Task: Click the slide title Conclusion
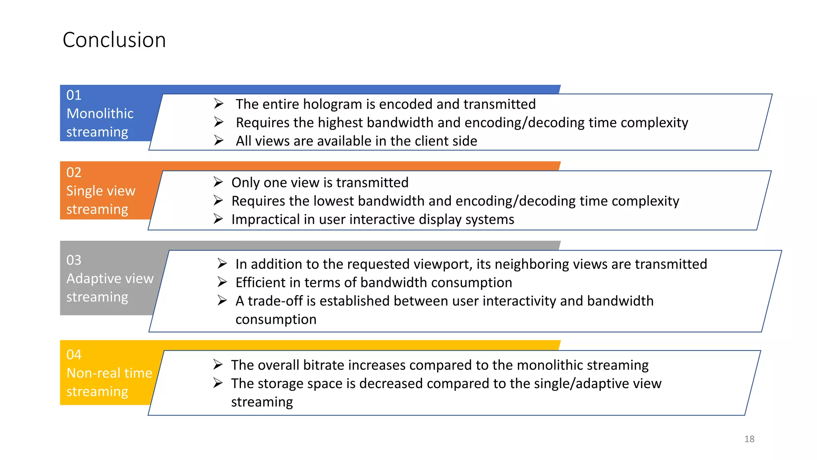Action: [x=114, y=40]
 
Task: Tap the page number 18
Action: [x=749, y=439]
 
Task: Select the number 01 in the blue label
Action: [x=74, y=95]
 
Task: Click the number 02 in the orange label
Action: [x=74, y=172]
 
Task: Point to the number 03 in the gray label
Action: [x=74, y=260]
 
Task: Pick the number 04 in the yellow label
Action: [x=74, y=355]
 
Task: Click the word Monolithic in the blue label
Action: [x=100, y=113]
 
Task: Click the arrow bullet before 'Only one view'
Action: [x=218, y=182]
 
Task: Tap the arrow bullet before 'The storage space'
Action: [x=218, y=383]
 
